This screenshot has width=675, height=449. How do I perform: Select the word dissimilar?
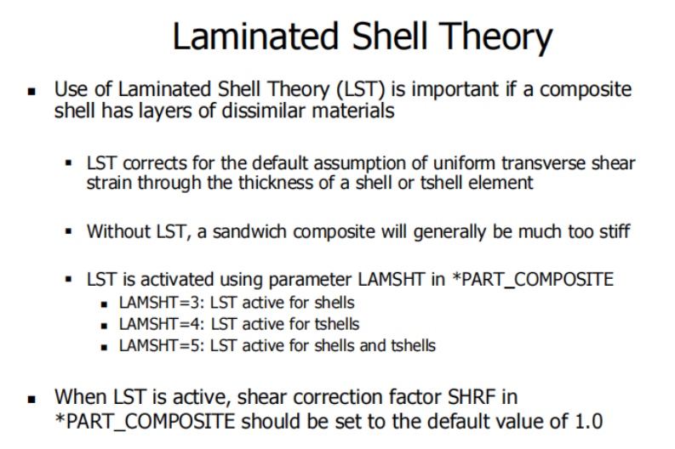[264, 111]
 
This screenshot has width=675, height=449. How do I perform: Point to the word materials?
[353, 111]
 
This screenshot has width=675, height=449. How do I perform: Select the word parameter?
[310, 280]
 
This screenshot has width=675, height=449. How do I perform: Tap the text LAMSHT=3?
[160, 303]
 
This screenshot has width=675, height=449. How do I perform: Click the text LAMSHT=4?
[160, 324]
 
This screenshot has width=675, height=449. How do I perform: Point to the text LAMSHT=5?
[160, 346]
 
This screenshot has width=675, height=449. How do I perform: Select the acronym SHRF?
[472, 397]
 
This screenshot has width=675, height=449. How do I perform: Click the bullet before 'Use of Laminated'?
[31, 91]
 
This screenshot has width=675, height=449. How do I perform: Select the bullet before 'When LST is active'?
[31, 400]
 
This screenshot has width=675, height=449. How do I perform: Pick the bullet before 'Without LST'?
[68, 232]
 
